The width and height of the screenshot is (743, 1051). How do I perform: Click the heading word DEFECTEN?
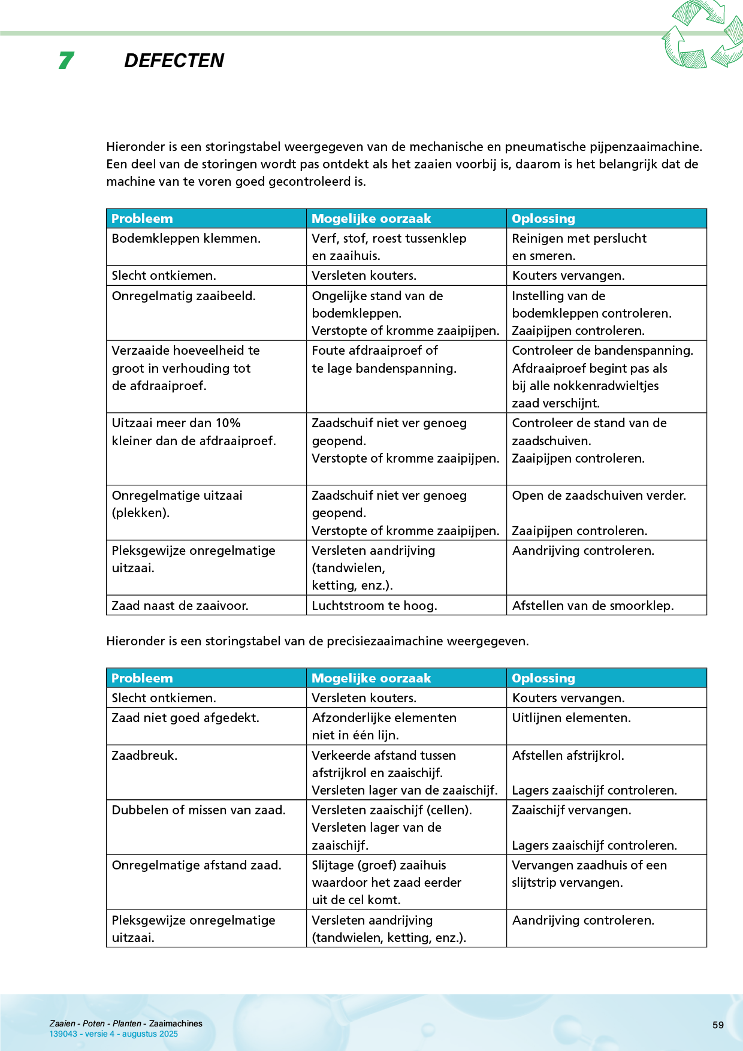point(174,61)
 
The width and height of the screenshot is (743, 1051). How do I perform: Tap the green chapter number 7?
point(66,61)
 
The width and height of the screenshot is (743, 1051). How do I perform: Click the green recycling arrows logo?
point(702,35)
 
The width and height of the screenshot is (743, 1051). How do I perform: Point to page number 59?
point(718,1025)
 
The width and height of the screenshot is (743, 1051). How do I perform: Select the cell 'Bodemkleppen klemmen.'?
point(186,238)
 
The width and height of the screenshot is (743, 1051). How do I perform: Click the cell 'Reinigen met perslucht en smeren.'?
point(579,247)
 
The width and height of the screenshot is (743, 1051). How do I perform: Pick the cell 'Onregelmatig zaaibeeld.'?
point(183,296)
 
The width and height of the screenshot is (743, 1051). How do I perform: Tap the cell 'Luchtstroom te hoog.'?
point(374,606)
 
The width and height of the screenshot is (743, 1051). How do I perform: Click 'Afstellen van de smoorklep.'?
point(593,606)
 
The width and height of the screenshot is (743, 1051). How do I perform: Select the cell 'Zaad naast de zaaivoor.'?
point(180,606)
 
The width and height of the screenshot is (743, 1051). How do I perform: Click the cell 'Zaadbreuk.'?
point(144,756)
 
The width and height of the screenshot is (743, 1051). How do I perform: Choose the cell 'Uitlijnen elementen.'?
point(571,718)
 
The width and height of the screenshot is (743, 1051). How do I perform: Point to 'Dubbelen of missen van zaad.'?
point(198,810)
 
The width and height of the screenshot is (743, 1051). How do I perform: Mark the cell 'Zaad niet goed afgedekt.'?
point(185,718)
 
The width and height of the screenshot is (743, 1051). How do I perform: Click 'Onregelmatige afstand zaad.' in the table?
point(197,865)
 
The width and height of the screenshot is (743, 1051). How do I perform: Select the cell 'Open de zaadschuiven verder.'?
point(599,496)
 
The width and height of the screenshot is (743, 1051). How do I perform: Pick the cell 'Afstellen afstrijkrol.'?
point(568,756)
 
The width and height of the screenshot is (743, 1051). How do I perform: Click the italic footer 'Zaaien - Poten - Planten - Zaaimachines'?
point(126,1023)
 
